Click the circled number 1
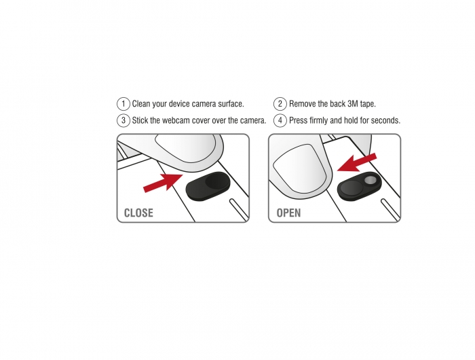coord(123,104)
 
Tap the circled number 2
coord(280,104)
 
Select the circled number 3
coord(123,120)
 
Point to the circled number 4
coord(280,120)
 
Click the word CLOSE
coord(138,213)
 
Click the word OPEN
coord(288,213)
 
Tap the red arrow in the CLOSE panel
coord(163,183)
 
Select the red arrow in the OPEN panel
coord(356,162)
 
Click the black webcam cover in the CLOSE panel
coord(208,186)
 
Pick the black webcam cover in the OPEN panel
coord(359,186)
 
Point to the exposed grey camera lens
coord(370,181)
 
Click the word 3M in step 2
coord(353,104)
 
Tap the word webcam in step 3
coord(176,120)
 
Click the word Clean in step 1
coord(141,104)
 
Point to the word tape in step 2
coord(368,104)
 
